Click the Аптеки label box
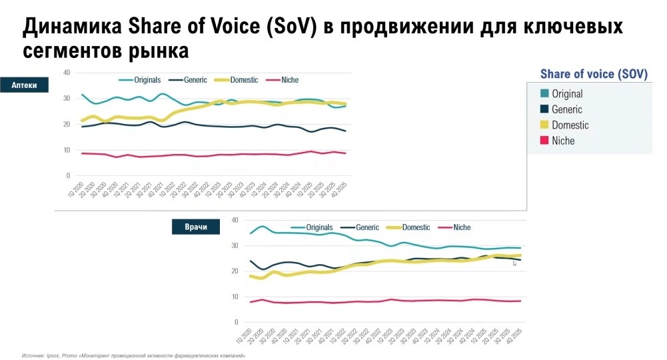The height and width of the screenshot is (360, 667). pyautogui.click(x=24, y=85)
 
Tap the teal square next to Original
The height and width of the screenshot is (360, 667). pyautogui.click(x=544, y=94)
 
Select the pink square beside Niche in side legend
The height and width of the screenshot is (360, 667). pyautogui.click(x=544, y=141)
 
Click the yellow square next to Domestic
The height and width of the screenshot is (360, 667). pyautogui.click(x=544, y=125)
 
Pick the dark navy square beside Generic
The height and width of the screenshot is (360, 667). pyautogui.click(x=544, y=109)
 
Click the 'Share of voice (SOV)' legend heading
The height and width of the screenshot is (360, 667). pyautogui.click(x=593, y=74)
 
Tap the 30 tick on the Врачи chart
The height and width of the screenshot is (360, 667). pyautogui.click(x=234, y=245)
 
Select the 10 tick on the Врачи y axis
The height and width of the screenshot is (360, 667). pyautogui.click(x=234, y=297)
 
